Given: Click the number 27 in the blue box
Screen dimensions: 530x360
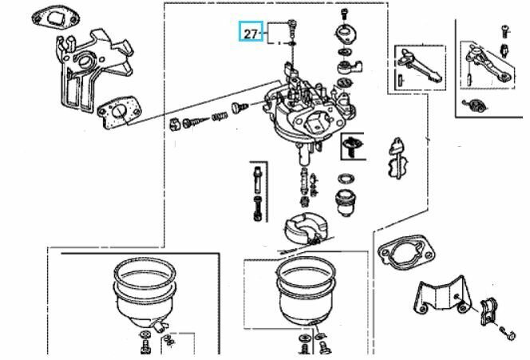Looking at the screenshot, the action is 251,34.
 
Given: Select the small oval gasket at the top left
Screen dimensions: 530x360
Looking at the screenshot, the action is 56,18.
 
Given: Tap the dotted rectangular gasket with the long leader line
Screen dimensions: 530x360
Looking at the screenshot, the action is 119,113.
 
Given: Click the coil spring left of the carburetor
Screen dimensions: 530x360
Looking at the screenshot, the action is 220,117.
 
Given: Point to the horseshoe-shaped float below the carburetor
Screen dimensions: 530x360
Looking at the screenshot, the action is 306,228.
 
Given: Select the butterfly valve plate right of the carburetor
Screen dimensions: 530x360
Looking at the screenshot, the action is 398,158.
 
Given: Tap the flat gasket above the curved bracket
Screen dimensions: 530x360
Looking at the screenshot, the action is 406,251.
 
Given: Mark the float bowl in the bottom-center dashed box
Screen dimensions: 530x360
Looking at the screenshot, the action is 306,291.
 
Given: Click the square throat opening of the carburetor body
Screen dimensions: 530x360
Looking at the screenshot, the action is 318,122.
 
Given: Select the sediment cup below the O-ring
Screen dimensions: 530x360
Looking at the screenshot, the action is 345,203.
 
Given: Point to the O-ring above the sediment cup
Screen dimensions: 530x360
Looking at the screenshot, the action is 346,179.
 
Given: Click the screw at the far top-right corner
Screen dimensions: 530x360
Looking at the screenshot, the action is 505,31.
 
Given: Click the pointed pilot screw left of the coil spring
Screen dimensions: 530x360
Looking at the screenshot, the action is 196,121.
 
